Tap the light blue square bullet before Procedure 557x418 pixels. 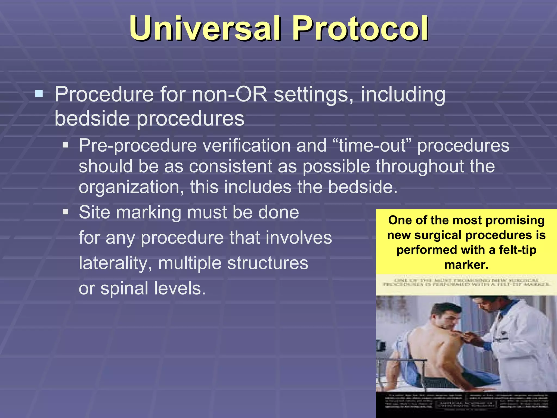pos(39,94)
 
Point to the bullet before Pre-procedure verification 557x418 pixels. pos(66,145)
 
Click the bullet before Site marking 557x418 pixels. pos(66,212)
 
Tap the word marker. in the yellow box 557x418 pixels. pos(466,265)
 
